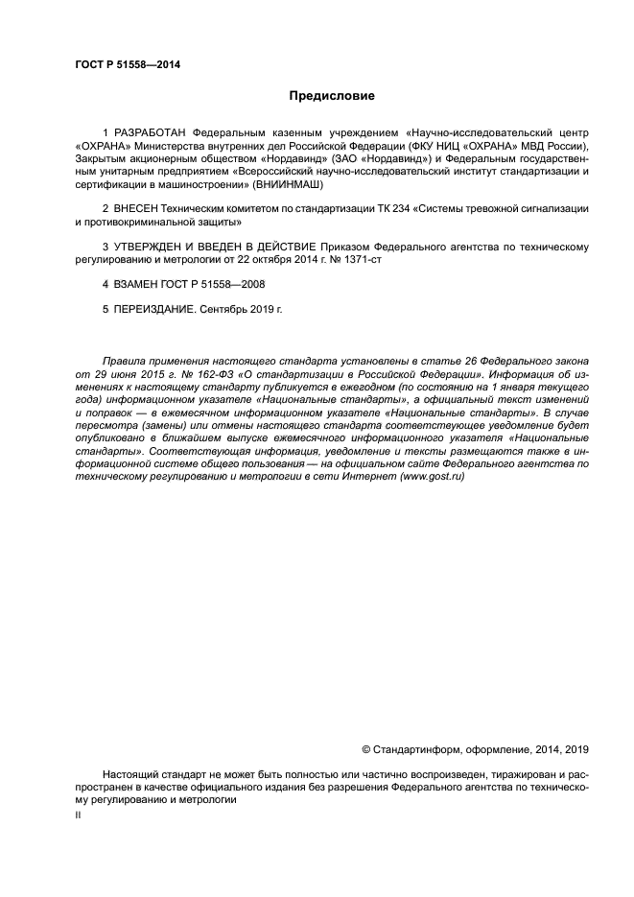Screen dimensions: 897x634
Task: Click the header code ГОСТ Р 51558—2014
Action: [x=127, y=65]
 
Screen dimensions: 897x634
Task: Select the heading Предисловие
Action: [x=332, y=96]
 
